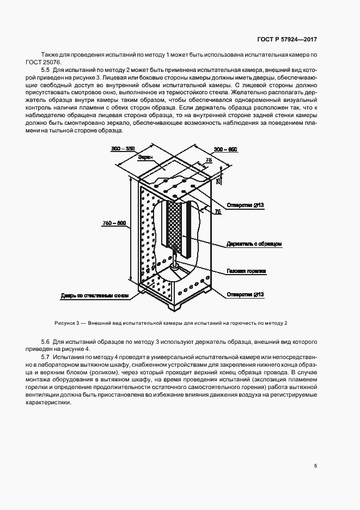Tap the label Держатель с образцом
click(254, 244)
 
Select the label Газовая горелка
click(246, 270)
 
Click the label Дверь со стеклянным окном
click(95, 296)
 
